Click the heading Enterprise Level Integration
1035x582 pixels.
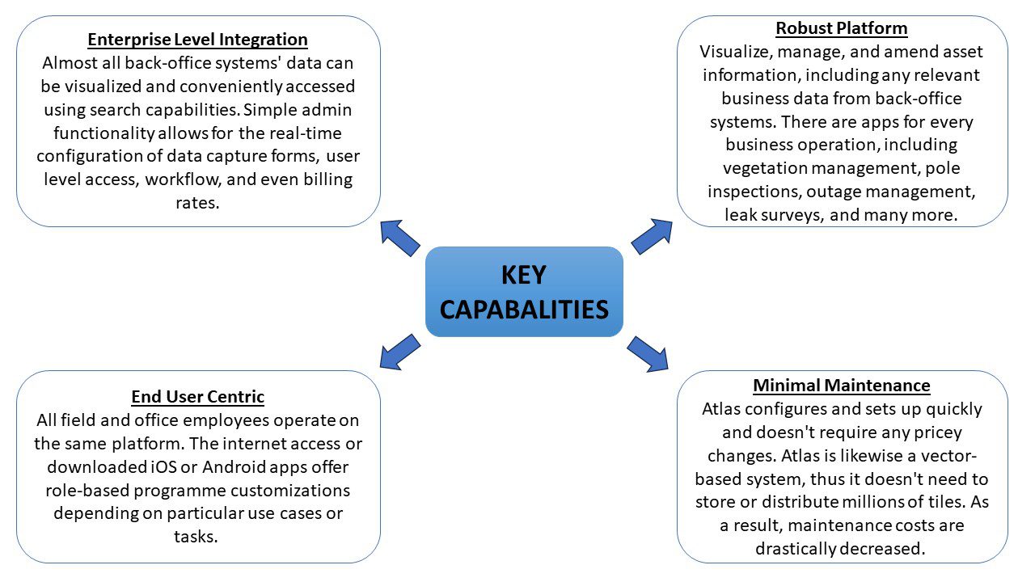(x=197, y=40)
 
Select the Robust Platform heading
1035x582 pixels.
(x=842, y=29)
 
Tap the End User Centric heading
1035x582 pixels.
(x=197, y=397)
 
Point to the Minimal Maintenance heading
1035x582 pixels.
(x=842, y=386)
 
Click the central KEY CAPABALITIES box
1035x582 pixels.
(x=524, y=292)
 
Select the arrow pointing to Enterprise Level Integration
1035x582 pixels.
(x=400, y=238)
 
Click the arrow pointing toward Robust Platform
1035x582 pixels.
(x=652, y=236)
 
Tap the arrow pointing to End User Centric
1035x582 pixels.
(x=399, y=350)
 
